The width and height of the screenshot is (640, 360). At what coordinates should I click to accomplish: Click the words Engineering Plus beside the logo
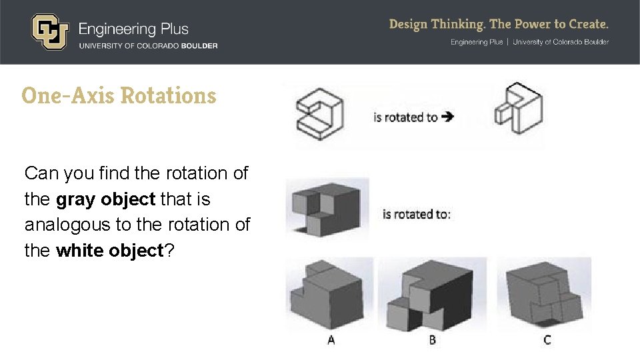[x=133, y=29]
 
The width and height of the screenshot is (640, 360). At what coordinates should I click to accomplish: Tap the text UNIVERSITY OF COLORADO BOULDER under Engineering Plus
[x=148, y=46]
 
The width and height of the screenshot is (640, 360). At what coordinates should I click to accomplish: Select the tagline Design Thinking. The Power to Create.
[x=499, y=25]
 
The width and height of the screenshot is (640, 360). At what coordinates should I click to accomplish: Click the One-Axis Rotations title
[x=119, y=95]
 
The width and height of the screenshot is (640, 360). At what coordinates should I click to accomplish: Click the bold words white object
[x=109, y=251]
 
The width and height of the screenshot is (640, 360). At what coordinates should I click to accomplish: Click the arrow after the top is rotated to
[x=448, y=117]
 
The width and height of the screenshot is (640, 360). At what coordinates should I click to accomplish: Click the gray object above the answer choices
[x=327, y=207]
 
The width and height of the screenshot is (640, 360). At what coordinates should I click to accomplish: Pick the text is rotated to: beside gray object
[x=417, y=214]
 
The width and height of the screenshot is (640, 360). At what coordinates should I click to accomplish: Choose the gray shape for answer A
[x=326, y=294]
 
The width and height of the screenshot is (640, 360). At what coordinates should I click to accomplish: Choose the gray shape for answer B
[x=432, y=294]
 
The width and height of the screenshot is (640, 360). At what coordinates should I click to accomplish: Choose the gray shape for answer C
[x=544, y=294]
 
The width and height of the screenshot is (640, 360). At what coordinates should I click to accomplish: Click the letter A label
[x=331, y=340]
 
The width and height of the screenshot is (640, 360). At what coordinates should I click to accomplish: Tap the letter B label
[x=433, y=340]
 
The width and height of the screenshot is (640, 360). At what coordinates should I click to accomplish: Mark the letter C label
[x=547, y=340]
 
